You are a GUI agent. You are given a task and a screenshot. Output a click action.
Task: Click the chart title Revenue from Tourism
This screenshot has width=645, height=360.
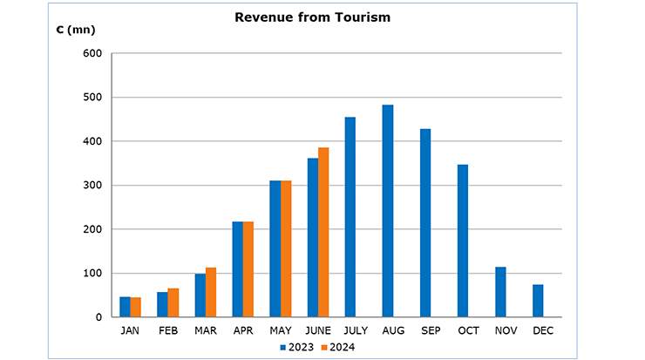[x=312, y=17]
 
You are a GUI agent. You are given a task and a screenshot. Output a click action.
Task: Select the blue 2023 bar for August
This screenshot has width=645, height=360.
[x=388, y=211]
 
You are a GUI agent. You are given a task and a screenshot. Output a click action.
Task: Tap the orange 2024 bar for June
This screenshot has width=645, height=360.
[x=323, y=232]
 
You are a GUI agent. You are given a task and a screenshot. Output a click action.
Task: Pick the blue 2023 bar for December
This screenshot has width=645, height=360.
[x=538, y=301]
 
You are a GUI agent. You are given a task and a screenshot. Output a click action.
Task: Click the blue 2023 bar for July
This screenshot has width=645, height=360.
[x=350, y=217]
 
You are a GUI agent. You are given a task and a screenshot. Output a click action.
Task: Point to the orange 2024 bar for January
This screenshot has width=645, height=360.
[x=136, y=308]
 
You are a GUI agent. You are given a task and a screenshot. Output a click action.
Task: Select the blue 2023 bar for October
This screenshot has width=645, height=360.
[x=463, y=241]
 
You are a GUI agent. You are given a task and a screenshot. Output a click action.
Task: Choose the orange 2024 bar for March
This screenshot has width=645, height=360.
[x=211, y=292]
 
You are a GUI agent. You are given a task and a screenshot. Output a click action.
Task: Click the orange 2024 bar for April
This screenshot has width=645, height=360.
[x=248, y=269]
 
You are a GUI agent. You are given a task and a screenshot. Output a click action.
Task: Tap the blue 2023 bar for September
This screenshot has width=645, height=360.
[x=425, y=223]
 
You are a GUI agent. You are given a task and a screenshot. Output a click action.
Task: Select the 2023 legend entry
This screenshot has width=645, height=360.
[x=296, y=347]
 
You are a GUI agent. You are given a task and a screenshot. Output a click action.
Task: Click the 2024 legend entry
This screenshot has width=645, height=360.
[x=336, y=347]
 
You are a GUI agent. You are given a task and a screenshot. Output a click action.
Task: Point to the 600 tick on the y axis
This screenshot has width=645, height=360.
[x=93, y=54]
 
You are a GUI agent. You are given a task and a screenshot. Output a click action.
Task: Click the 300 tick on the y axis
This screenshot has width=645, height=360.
[x=93, y=186]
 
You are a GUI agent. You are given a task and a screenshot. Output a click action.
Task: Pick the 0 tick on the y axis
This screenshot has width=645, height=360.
[x=98, y=317]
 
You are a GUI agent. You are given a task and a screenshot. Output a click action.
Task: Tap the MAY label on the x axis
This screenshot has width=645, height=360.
[x=281, y=331]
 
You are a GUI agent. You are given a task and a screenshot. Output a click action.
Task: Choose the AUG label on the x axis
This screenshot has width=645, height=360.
[x=393, y=331]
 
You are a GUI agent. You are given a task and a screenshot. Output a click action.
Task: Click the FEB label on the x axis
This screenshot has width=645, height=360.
[x=167, y=331]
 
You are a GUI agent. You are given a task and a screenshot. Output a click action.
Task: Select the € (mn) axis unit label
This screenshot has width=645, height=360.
[x=76, y=30]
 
